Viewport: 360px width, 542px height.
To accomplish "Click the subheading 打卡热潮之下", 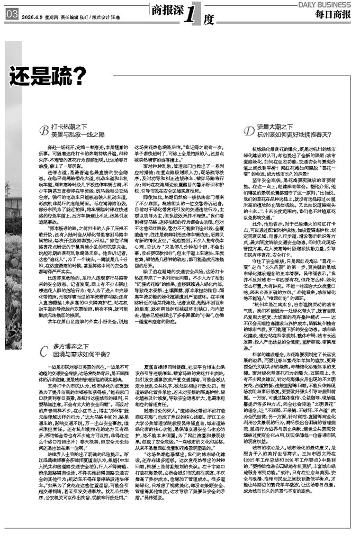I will (67, 127).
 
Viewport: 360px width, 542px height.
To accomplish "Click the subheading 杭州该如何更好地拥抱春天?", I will (293, 134).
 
